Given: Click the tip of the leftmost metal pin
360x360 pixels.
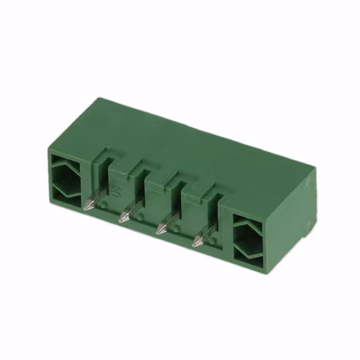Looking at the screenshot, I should click(85, 208).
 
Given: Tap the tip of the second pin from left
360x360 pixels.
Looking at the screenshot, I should click(121, 218).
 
